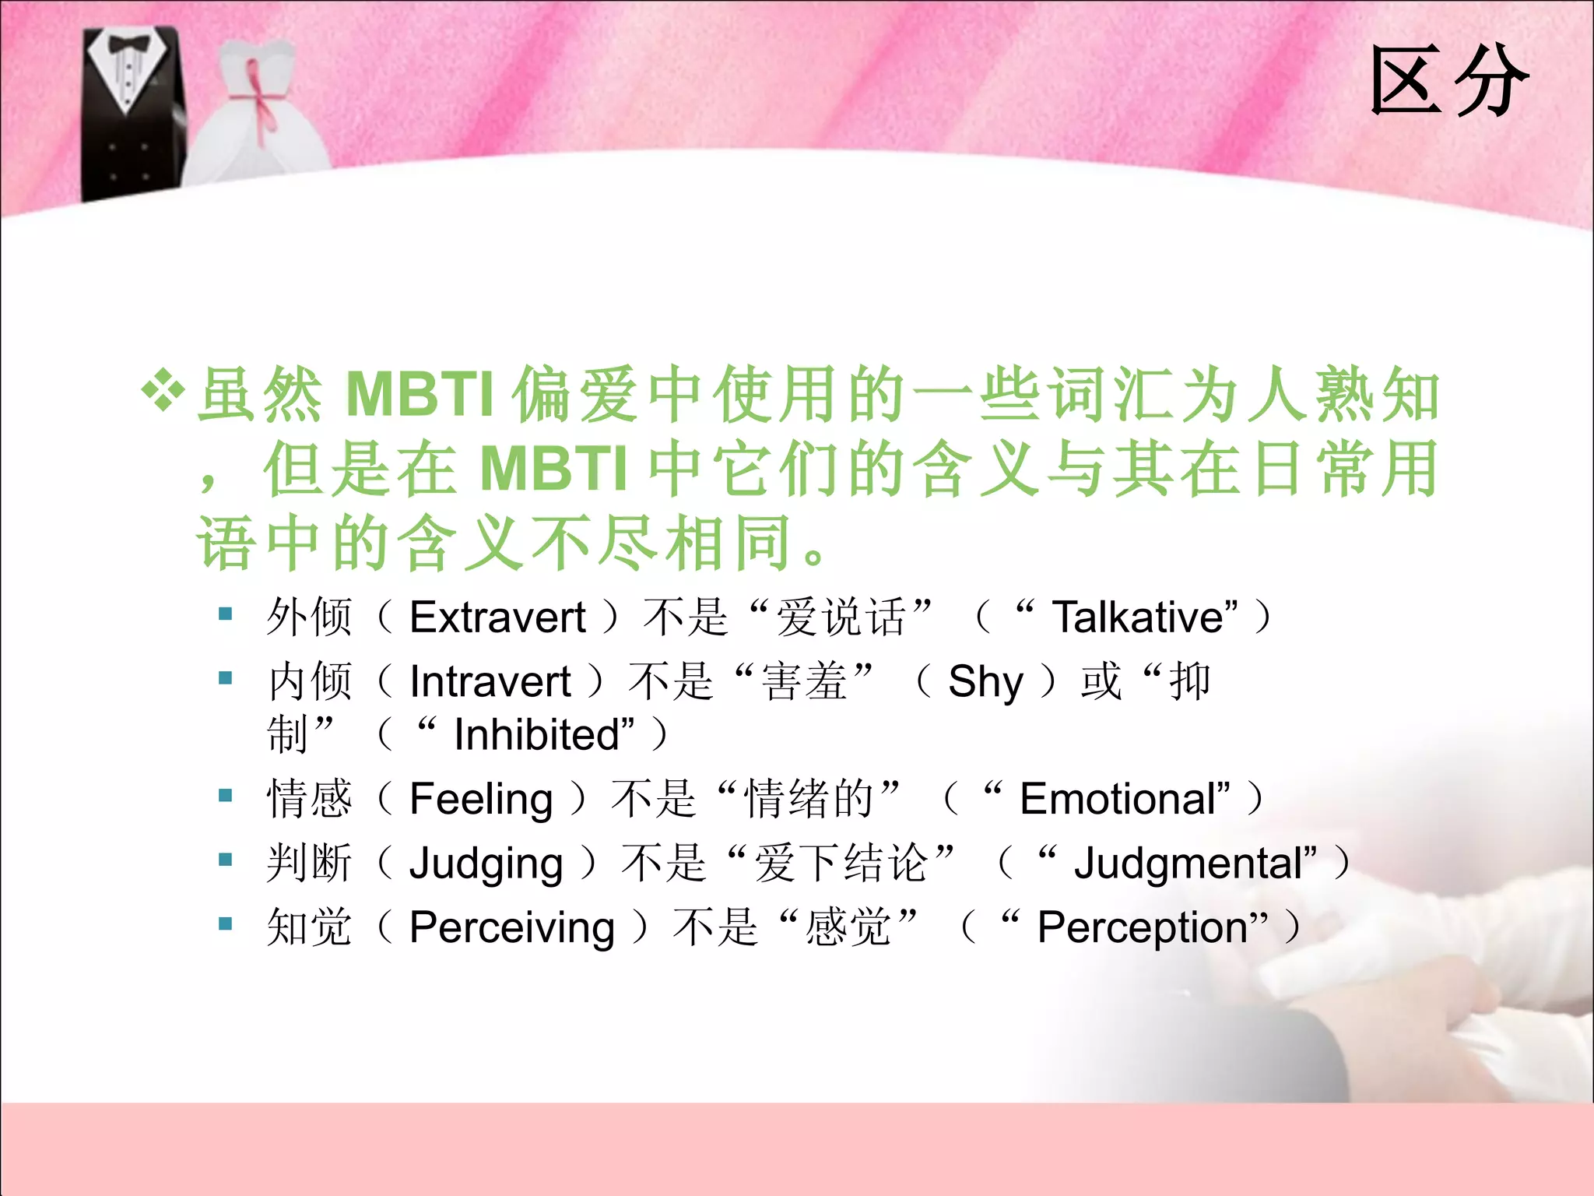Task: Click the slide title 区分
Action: click(1449, 81)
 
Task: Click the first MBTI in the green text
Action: click(420, 394)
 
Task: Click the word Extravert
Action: click(497, 617)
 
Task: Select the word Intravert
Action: click(490, 682)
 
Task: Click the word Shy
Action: click(985, 682)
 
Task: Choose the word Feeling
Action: click(481, 800)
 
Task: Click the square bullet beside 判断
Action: click(226, 860)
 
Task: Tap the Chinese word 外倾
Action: click(309, 617)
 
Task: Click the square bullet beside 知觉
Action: click(226, 924)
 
